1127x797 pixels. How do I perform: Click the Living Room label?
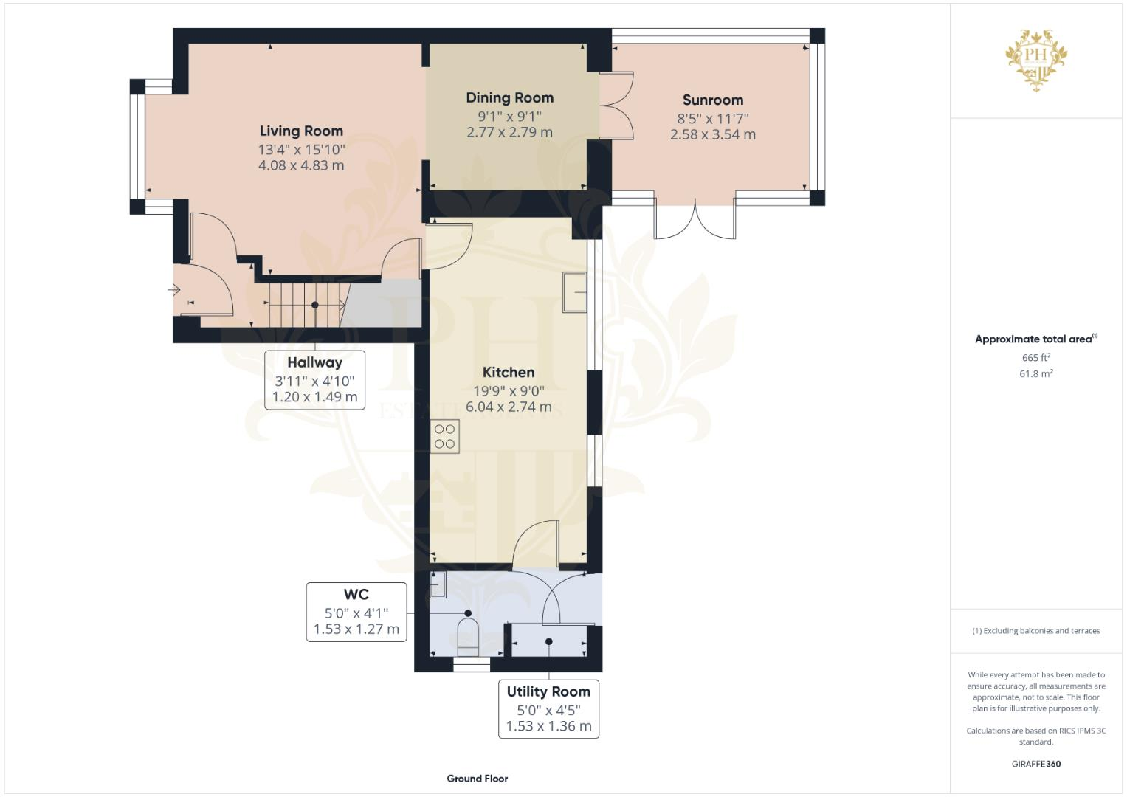[x=301, y=131]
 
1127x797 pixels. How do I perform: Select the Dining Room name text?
[x=509, y=98]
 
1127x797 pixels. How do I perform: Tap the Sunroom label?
[x=712, y=100]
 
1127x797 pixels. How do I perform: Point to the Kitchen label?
[x=509, y=373]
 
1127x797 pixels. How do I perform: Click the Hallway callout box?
[x=315, y=379]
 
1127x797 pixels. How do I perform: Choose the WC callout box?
[x=356, y=612]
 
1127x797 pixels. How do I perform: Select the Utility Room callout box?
[x=548, y=709]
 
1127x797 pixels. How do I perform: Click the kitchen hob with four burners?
[x=445, y=436]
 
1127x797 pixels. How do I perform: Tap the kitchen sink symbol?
[x=574, y=292]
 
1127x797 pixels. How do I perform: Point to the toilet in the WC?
[x=469, y=636]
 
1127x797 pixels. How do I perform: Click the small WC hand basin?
[x=438, y=584]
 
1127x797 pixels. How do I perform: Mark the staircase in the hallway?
[x=305, y=304]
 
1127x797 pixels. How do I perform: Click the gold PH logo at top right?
[x=1037, y=59]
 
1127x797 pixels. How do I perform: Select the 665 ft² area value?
[x=1036, y=358]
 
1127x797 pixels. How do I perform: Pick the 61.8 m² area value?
[x=1036, y=374]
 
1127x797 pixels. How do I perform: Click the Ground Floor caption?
[x=478, y=779]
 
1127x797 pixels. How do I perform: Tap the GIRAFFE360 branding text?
[x=1036, y=764]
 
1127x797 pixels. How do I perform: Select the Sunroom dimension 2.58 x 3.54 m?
[x=712, y=135]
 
